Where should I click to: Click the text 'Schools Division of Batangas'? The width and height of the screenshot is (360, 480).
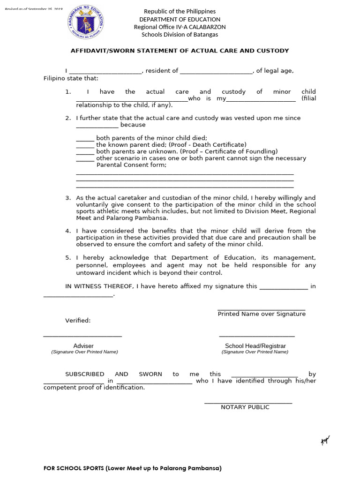tap(180, 35)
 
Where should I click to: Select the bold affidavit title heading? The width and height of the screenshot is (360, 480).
tap(180, 51)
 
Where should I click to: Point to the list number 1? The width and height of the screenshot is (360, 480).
tap(68, 92)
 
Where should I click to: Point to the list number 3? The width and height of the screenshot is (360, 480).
tap(68, 198)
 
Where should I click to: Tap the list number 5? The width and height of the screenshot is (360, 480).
tap(68, 258)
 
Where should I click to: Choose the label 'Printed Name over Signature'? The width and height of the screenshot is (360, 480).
tap(262, 314)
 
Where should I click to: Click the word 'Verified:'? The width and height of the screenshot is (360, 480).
tap(77, 321)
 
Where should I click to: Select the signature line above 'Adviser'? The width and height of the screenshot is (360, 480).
tap(82, 336)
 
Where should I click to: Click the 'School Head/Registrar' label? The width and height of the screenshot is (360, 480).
tap(255, 346)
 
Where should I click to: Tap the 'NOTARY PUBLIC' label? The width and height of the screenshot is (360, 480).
tap(245, 407)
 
